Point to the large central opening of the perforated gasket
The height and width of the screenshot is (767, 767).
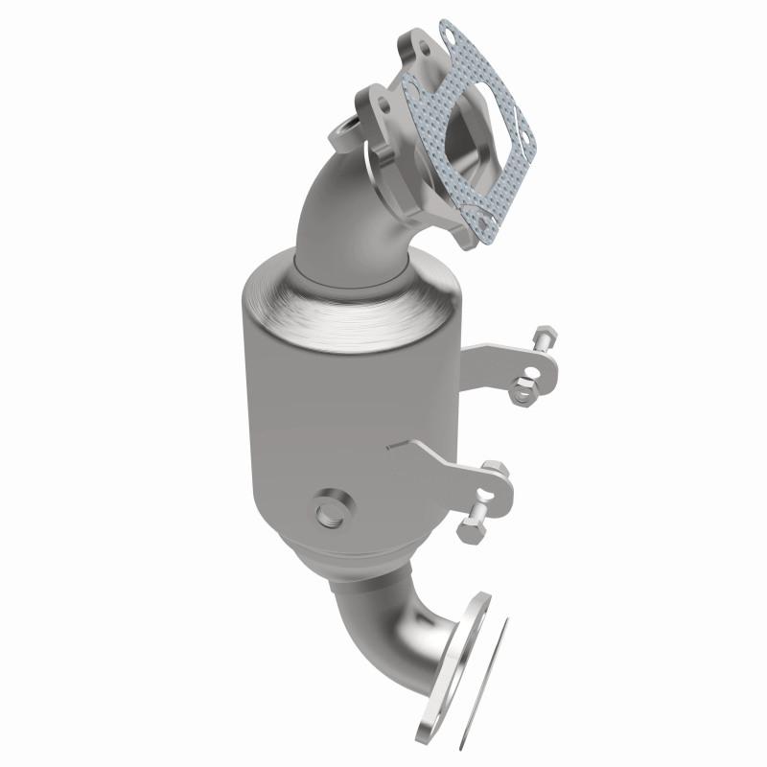tap(476, 134)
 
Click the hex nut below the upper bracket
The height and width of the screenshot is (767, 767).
tap(523, 388)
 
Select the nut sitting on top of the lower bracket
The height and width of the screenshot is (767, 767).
tap(493, 470)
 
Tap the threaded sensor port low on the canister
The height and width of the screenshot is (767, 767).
tap(329, 508)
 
